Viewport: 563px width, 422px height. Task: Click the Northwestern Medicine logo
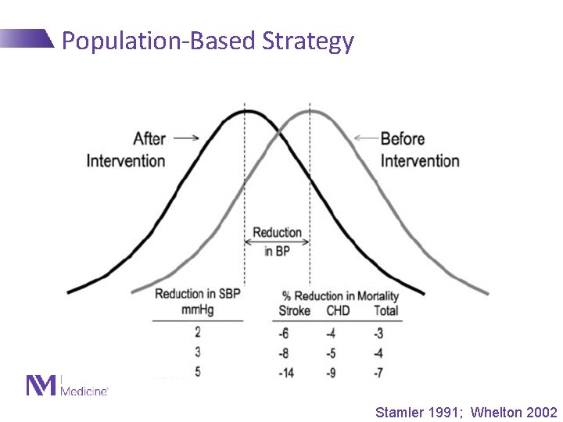[67, 386]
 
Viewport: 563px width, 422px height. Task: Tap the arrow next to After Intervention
[186, 138]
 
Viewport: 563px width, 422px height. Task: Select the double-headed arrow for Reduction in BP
[277, 242]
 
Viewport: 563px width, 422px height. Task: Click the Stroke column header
[294, 311]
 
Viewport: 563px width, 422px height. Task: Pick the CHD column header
[338, 311]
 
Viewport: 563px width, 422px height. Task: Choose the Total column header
[385, 311]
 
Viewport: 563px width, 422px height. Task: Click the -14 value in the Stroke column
[285, 373]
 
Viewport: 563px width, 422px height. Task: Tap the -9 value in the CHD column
[331, 373]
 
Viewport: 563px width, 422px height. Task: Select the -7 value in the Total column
[378, 373]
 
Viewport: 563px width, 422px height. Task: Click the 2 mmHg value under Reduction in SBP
[197, 332]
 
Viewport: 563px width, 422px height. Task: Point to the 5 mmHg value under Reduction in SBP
[197, 371]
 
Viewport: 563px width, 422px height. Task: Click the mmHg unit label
[197, 310]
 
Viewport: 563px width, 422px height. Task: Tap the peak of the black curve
[246, 112]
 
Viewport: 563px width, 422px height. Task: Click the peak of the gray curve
[310, 112]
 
